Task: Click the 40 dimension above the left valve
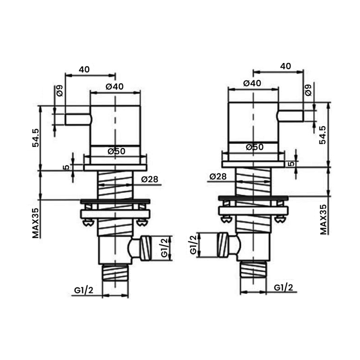pyautogui.click(x=84, y=69)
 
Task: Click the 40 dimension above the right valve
pyautogui.click(x=285, y=66)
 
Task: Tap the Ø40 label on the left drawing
pyautogui.click(x=115, y=87)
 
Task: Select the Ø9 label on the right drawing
pyautogui.click(x=308, y=90)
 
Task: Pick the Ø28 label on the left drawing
pyautogui.click(x=149, y=180)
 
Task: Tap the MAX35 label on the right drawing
pyautogui.click(x=323, y=219)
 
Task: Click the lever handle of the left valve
pyautogui.click(x=78, y=119)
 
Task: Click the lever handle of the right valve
pyautogui.click(x=291, y=116)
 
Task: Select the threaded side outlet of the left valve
pyautogui.click(x=146, y=248)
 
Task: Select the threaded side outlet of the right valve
pyautogui.click(x=223, y=245)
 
